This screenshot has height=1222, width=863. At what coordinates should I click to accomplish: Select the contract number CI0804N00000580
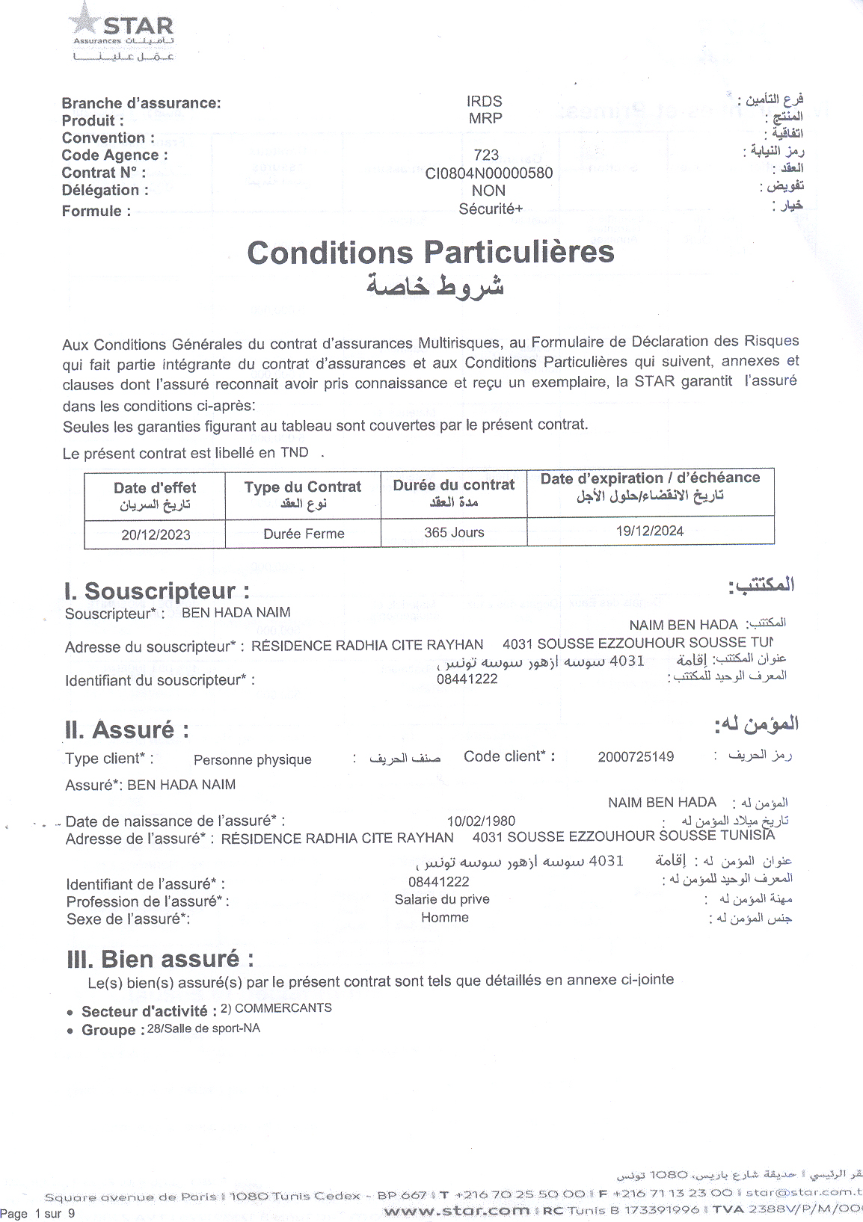489,173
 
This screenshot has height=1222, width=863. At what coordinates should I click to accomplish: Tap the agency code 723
486,155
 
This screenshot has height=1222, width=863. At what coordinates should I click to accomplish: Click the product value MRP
485,118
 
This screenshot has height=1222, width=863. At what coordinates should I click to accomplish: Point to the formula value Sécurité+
491,209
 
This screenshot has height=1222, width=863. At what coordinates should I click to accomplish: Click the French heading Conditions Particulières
430,253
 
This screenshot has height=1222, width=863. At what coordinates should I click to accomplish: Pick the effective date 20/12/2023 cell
156,534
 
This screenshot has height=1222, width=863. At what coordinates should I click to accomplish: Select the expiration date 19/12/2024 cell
650,531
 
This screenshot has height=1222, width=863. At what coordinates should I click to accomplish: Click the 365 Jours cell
454,532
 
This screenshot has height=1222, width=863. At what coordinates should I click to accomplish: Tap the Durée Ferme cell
304,534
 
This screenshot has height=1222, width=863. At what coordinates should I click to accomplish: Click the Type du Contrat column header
303,494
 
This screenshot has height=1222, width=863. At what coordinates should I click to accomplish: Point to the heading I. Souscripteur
157,591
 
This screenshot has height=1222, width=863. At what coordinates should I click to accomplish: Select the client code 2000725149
636,756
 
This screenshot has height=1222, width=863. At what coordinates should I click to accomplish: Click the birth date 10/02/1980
481,821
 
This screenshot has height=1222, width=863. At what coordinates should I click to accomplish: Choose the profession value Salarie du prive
442,899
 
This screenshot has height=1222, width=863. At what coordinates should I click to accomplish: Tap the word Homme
445,917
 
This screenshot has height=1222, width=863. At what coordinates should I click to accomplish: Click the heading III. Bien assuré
160,959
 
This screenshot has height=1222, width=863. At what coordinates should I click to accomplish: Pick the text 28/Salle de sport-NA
203,1028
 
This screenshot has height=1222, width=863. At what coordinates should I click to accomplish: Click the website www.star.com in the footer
456,1210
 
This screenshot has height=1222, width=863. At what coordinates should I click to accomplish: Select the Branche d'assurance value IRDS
485,101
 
